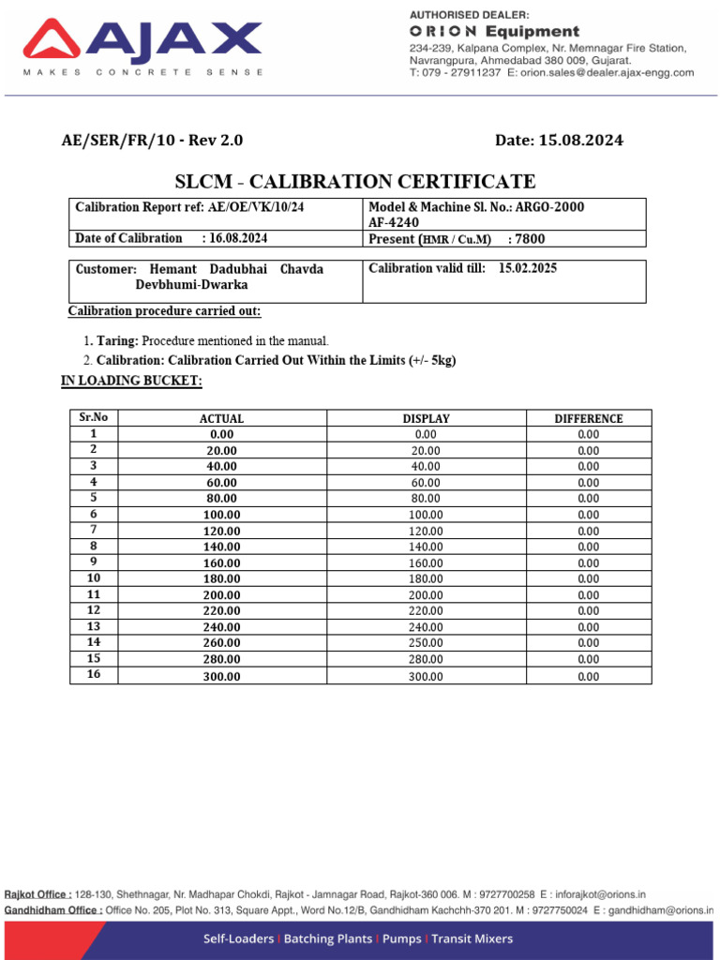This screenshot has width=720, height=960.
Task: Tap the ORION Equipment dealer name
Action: coord(494,32)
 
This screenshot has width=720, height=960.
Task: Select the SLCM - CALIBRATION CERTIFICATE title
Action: coord(356,182)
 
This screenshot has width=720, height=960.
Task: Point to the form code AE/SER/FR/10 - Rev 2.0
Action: coord(152,141)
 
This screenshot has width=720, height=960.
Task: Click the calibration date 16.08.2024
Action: coord(234,238)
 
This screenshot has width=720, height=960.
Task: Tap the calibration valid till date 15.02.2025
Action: coord(528,268)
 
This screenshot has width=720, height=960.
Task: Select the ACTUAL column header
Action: coord(221,419)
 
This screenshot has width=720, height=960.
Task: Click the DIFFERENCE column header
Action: coord(588,419)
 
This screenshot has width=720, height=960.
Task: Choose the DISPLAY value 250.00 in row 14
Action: coord(426,643)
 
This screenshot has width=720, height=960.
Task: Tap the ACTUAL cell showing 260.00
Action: coord(221,643)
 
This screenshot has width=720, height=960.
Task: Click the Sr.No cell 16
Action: coord(93,675)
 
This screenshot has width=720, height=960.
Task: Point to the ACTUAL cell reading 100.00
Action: coord(221,515)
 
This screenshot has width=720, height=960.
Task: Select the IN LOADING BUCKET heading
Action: coord(131,381)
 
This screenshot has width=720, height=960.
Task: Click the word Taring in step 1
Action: coord(118,340)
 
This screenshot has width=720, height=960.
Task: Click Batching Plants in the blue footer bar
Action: coord(328,938)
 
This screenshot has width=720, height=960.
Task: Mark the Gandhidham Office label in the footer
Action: coord(53,910)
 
